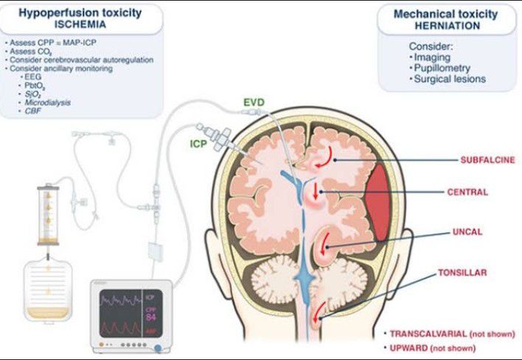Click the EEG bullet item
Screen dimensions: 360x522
(34, 77)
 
